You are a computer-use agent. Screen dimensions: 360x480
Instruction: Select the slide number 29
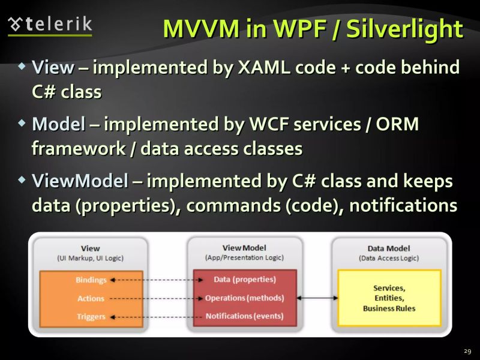pyautogui.click(x=467, y=350)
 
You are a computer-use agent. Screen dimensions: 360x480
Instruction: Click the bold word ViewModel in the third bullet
pyautogui.click(x=80, y=181)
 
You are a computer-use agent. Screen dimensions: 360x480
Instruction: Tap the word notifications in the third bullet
pyautogui.click(x=403, y=205)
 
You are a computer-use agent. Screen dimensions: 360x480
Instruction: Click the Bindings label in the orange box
pyautogui.click(x=91, y=280)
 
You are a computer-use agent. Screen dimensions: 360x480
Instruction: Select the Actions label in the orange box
pyautogui.click(x=91, y=298)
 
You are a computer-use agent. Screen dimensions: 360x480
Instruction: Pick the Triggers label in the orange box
pyautogui.click(x=91, y=316)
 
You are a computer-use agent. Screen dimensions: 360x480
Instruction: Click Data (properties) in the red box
pyautogui.click(x=245, y=280)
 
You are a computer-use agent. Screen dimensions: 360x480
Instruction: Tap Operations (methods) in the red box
pyautogui.click(x=244, y=298)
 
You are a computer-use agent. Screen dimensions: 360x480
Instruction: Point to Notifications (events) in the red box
pyautogui.click(x=244, y=316)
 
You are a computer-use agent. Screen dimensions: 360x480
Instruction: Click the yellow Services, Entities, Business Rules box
pyautogui.click(x=389, y=298)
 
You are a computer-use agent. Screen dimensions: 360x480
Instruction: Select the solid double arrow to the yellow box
pyautogui.click(x=317, y=298)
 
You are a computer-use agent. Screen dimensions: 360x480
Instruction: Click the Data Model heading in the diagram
pyautogui.click(x=389, y=248)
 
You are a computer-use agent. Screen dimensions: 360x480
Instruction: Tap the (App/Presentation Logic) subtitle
pyautogui.click(x=244, y=257)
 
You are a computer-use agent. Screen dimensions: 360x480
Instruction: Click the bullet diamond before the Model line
pyautogui.click(x=22, y=123)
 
